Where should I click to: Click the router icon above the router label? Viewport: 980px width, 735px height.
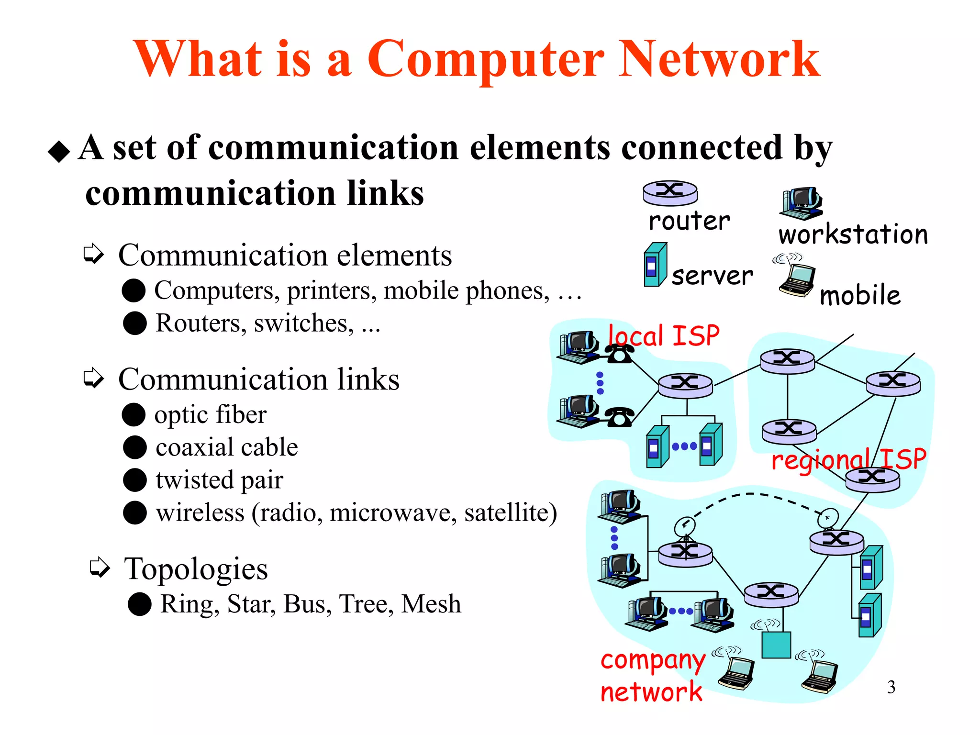click(x=670, y=193)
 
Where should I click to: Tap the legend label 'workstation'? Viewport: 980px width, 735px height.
click(x=853, y=234)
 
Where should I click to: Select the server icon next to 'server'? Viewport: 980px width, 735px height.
click(x=655, y=265)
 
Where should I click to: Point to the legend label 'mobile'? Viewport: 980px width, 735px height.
click(x=860, y=295)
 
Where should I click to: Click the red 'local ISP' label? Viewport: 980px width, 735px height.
click(x=663, y=335)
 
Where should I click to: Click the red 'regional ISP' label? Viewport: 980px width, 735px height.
click(x=848, y=459)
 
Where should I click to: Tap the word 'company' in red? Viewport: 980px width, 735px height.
click(x=653, y=661)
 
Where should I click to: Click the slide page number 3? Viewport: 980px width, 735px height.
click(x=891, y=687)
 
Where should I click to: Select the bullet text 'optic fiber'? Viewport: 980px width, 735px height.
click(x=210, y=414)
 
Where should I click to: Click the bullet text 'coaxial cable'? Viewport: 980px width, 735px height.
click(x=226, y=447)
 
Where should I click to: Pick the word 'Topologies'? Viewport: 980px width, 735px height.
click(x=196, y=568)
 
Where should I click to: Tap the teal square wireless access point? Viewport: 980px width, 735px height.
click(x=776, y=645)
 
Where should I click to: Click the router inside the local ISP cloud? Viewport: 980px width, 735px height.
click(x=685, y=385)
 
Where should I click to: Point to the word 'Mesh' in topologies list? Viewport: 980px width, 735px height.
click(x=431, y=604)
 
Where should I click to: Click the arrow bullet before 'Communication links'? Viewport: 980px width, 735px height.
click(x=93, y=379)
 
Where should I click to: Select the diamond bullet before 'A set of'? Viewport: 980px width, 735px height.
click(x=59, y=152)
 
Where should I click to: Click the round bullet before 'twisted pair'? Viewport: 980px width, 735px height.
click(x=134, y=480)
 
